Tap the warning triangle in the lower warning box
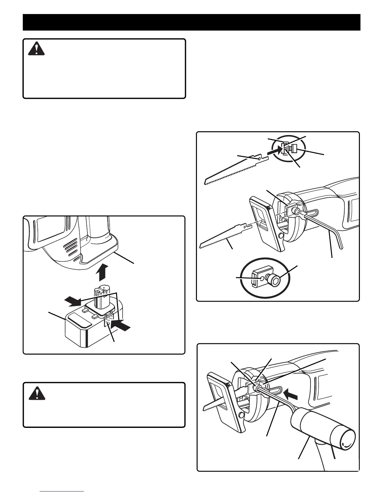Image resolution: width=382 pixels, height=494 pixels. click(37, 394)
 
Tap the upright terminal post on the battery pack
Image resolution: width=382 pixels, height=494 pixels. click(100, 296)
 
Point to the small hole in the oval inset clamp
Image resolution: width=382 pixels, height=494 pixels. click(262, 277)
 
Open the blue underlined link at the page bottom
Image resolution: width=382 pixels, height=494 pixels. click(62, 491)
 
